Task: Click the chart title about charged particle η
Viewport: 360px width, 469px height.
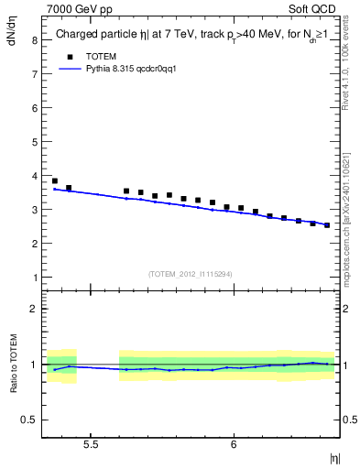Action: tap(191, 34)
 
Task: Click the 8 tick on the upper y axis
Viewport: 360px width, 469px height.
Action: tap(34, 40)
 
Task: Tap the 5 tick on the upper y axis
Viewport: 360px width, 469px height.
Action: tap(34, 142)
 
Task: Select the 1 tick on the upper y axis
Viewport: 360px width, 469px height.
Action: tap(34, 278)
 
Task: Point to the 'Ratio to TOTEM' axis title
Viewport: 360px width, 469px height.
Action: tap(12, 364)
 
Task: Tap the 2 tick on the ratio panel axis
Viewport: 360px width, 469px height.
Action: tap(34, 309)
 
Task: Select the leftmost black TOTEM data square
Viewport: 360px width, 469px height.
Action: tap(55, 181)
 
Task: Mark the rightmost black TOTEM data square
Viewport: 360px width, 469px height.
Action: tap(327, 225)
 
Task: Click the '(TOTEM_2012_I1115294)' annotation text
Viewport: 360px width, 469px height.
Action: tap(191, 274)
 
